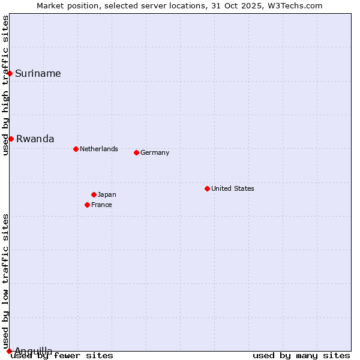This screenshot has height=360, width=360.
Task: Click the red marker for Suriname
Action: (x=10, y=73)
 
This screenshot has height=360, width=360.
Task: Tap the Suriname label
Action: (x=38, y=74)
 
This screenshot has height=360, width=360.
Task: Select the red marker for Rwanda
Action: (x=11, y=139)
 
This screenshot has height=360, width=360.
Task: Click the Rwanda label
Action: (x=35, y=139)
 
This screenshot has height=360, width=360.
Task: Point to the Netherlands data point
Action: (x=76, y=149)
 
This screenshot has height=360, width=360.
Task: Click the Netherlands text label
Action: (x=98, y=149)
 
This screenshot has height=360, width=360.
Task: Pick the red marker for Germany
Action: (x=136, y=152)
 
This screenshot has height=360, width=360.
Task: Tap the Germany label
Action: (x=155, y=152)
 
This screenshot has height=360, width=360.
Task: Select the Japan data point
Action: (x=94, y=194)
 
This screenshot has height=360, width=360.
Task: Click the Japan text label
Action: (x=107, y=194)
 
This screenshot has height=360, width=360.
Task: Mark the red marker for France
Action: (x=87, y=205)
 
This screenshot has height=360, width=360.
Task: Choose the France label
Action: (x=101, y=205)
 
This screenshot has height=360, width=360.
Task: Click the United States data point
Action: (x=207, y=188)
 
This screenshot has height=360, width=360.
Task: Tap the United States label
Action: (x=232, y=188)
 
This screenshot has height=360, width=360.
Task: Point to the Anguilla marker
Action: (x=9, y=351)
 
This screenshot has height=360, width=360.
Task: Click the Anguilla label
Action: (x=33, y=351)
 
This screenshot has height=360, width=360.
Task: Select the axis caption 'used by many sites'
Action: (x=301, y=356)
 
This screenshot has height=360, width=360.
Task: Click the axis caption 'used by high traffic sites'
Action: (x=5, y=85)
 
